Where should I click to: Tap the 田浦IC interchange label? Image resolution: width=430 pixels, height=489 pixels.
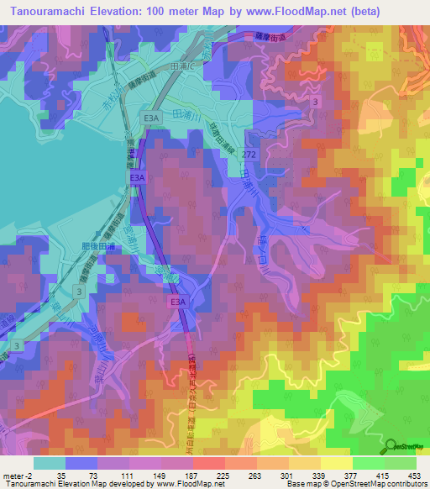click(183, 66)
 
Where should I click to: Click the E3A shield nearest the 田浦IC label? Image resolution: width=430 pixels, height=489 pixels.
click(150, 118)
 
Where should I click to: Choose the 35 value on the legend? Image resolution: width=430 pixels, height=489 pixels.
click(60, 476)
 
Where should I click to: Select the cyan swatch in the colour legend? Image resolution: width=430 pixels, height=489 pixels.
click(50, 463)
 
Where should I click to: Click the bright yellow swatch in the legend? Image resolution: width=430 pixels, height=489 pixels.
click(336, 463)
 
